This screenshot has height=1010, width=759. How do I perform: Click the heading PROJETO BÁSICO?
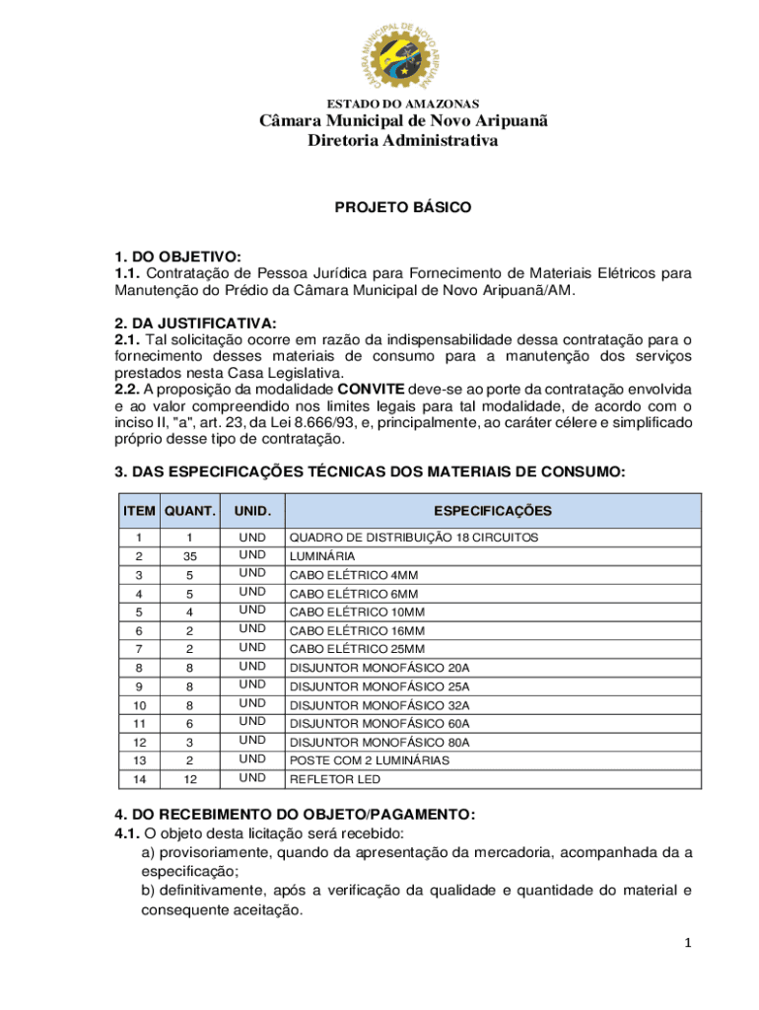(403, 208)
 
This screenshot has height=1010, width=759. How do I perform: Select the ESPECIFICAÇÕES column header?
(493, 511)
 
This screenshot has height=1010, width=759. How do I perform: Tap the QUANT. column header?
(190, 511)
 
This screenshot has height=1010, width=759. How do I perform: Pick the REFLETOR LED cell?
(334, 779)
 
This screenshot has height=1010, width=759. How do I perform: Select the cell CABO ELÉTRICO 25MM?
(357, 649)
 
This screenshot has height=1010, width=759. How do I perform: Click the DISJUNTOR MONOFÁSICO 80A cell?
(379, 743)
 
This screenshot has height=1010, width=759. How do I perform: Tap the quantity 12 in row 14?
(190, 779)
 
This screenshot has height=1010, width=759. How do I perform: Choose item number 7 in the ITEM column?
(140, 649)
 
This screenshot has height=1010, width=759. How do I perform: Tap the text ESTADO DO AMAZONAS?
(403, 104)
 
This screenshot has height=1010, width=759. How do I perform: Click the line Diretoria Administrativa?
(403, 141)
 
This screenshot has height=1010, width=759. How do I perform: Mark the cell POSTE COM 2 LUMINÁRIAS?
(369, 760)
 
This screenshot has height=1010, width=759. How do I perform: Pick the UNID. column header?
(252, 511)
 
